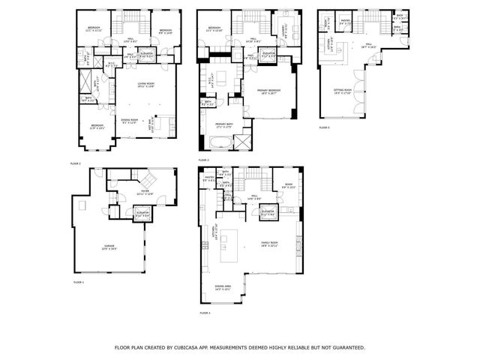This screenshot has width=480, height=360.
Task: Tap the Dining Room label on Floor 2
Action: pyautogui.click(x=130, y=120)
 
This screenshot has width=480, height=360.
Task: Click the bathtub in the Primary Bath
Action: pyautogui.click(x=244, y=142)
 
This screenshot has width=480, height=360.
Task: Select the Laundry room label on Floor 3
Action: pyautogui.click(x=282, y=30)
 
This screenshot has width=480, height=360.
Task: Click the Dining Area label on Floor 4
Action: pyautogui.click(x=223, y=286)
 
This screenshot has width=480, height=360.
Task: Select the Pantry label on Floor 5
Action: pyautogui.click(x=346, y=22)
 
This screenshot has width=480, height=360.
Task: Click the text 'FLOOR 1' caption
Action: pyautogui.click(x=78, y=282)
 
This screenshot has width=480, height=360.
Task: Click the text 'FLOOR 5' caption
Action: pyautogui.click(x=324, y=127)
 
